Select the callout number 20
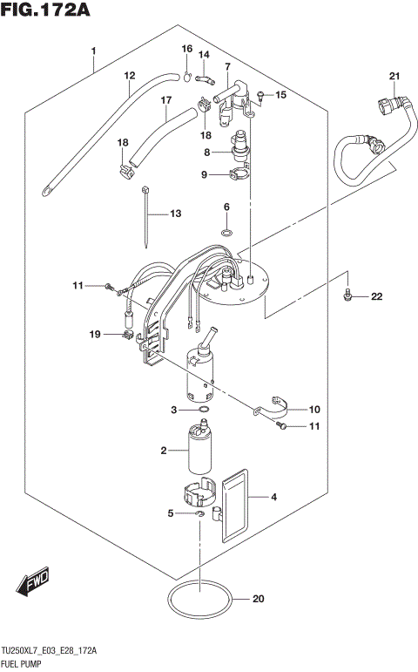pos(257,599)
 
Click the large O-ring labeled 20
pos(199,601)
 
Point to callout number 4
pos(273,498)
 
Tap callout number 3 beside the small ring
pos(174,409)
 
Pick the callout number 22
pos(376,297)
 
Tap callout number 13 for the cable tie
pos(175,214)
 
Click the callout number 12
pos(129,76)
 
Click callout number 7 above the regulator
pos(226,67)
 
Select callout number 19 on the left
pos(94,334)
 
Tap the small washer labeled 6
pos(226,233)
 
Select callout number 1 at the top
pos(93,51)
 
